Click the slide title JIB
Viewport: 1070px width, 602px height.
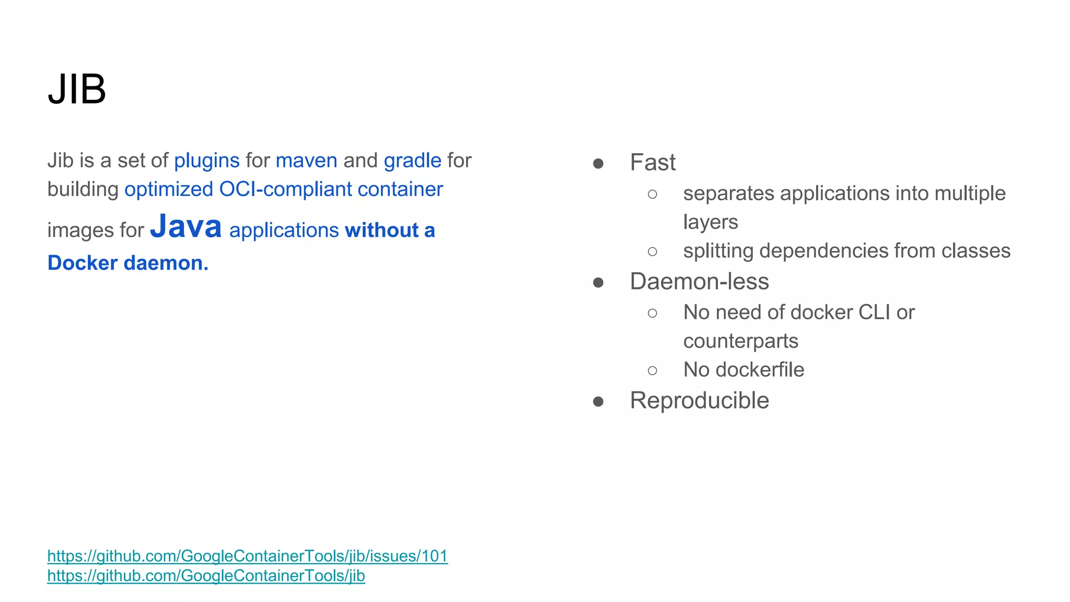(77, 89)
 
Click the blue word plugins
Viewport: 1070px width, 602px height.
(206, 160)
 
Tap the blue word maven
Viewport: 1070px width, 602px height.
(306, 160)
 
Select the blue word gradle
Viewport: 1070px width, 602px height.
(412, 160)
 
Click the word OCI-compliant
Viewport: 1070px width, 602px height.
(285, 189)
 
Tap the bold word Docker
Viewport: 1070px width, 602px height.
(83, 263)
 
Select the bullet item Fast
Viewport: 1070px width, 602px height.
(653, 163)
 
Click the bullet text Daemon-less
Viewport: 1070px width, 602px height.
(699, 282)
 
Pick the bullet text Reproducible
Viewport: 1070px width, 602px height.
(699, 401)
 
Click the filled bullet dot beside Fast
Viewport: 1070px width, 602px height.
(598, 164)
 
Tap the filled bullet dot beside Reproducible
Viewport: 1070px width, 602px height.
(598, 402)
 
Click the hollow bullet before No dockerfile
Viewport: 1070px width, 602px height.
(652, 371)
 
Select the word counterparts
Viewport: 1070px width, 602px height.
(740, 341)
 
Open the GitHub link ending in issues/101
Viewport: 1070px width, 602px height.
(248, 556)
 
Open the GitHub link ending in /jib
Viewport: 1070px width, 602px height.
(206, 576)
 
